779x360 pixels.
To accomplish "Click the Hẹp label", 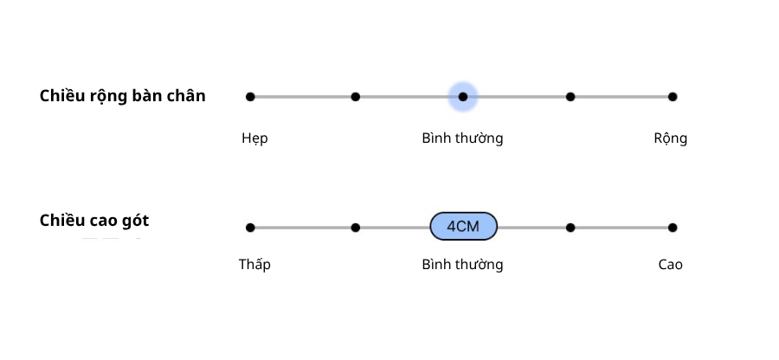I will click(254, 138).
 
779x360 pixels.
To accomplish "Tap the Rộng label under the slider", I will click(670, 138).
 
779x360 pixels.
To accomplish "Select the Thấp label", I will click(254, 265).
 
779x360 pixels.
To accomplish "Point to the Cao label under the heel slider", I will click(670, 265).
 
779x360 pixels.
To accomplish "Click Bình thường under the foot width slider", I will click(462, 138).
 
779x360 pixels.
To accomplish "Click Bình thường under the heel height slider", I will click(462, 265).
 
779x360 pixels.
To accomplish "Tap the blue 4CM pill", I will click(464, 227).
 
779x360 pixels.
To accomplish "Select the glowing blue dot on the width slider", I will click(463, 97).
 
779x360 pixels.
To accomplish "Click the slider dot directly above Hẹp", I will click(250, 97).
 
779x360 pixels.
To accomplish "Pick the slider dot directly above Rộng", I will click(673, 97).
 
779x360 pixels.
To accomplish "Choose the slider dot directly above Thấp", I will click(250, 228).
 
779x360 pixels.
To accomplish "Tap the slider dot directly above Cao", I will click(673, 228).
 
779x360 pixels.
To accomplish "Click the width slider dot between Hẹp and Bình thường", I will click(356, 97).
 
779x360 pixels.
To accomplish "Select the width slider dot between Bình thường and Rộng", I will click(570, 97).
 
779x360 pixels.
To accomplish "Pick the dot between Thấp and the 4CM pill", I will click(356, 228).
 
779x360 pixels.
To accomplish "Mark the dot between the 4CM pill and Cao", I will click(570, 228).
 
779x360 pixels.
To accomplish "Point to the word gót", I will click(133, 222).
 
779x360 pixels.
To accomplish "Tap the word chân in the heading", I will click(187, 96).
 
